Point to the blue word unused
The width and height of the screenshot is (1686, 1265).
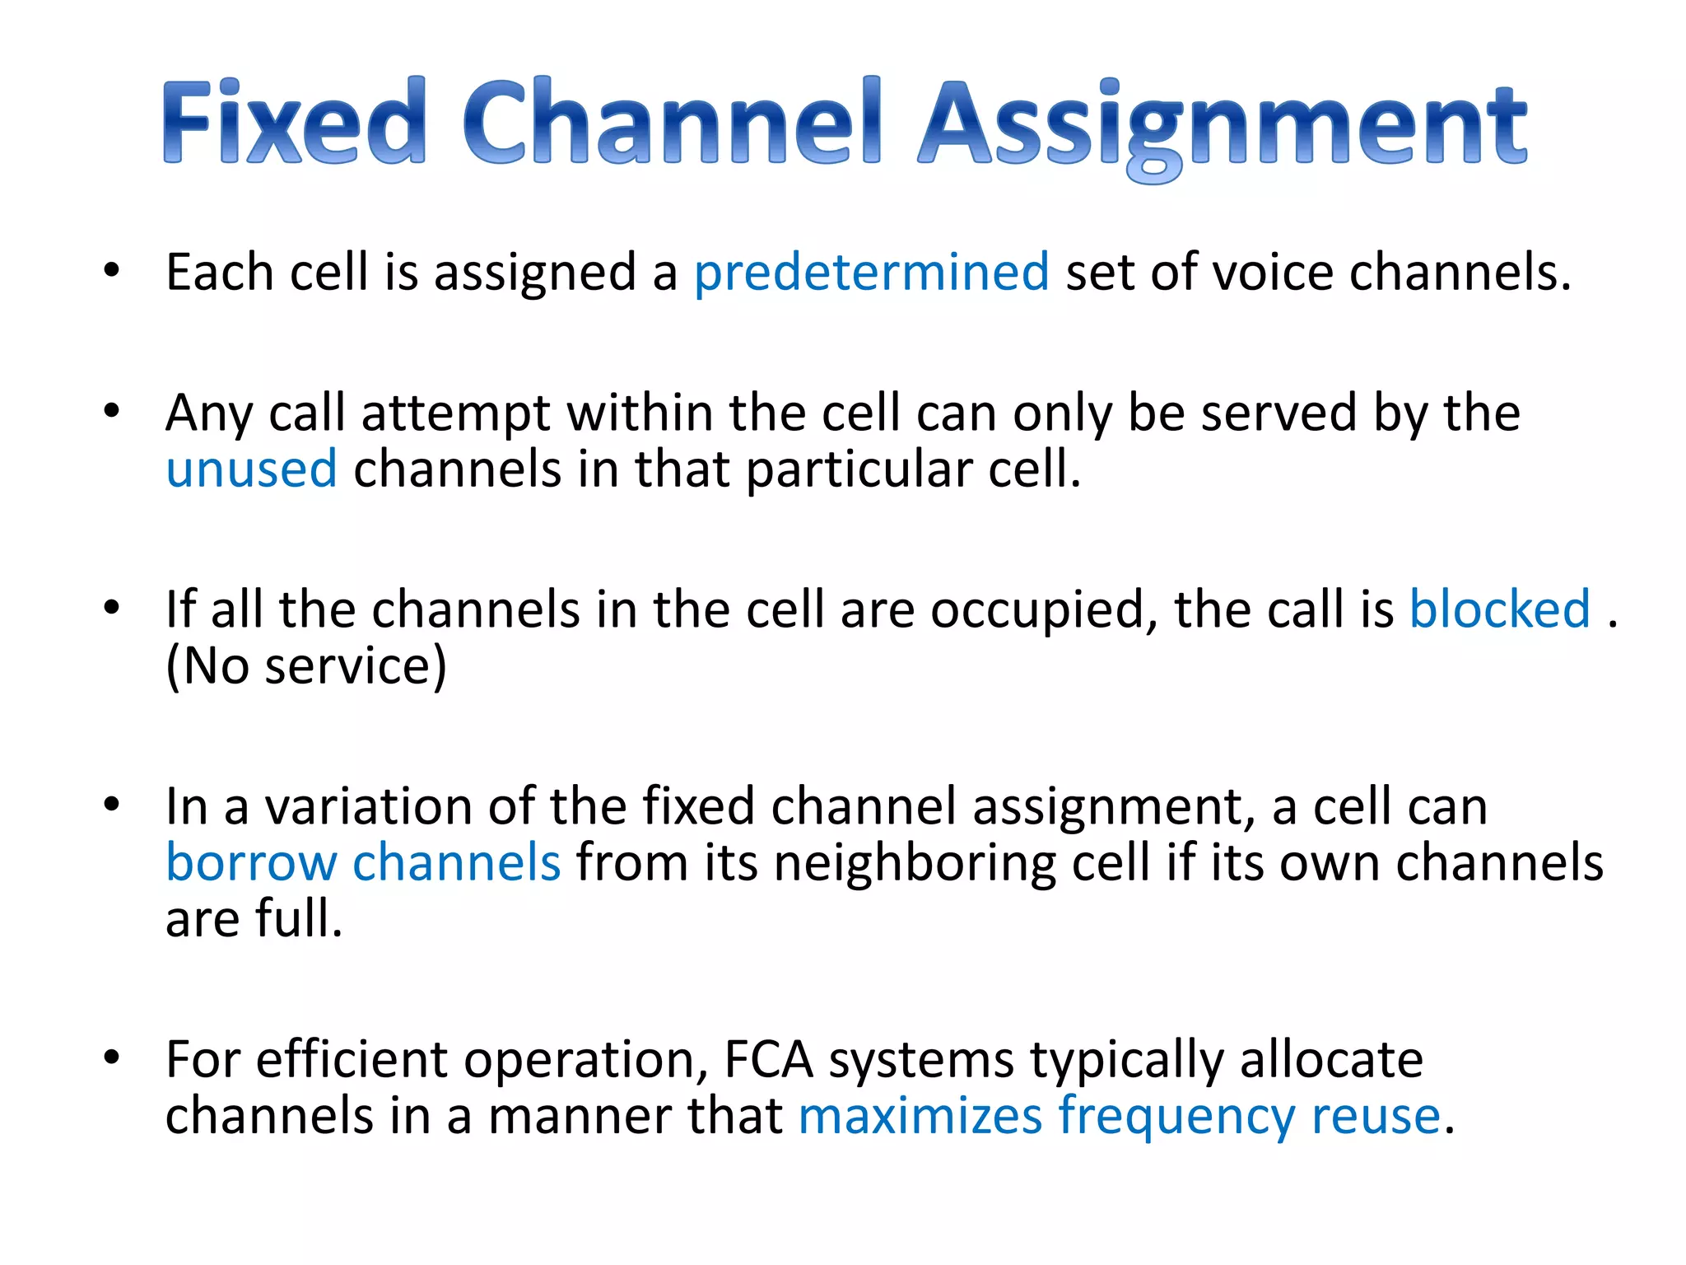251,469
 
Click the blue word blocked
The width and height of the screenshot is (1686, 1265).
1499,609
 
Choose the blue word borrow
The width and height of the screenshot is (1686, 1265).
251,863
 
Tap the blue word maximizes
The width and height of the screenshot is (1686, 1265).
920,1116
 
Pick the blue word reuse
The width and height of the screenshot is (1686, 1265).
1376,1116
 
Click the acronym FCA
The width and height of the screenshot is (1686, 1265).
768,1060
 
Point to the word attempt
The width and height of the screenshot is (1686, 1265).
455,413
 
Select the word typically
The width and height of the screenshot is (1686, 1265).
1127,1062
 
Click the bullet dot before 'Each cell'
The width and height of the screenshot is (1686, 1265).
112,270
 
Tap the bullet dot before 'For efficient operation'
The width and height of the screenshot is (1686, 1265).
112,1057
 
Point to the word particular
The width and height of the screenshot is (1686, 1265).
859,470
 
